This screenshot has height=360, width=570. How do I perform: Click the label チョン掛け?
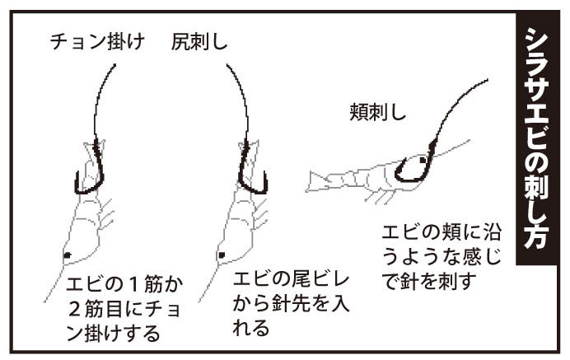[97, 42]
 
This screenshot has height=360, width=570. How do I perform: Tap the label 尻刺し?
[199, 42]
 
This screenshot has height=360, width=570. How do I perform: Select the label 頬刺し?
[377, 112]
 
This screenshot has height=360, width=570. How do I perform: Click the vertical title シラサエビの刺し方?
[537, 138]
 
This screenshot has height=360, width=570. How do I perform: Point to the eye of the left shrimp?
[68, 255]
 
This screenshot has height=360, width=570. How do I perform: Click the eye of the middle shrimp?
[222, 255]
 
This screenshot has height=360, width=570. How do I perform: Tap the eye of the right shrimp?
[423, 159]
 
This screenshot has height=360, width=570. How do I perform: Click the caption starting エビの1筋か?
[124, 310]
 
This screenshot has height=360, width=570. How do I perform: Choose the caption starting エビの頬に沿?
[442, 257]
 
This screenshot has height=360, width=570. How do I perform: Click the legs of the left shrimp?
[106, 215]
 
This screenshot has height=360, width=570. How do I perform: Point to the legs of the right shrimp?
[380, 197]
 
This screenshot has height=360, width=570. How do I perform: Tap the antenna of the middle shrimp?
[210, 280]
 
